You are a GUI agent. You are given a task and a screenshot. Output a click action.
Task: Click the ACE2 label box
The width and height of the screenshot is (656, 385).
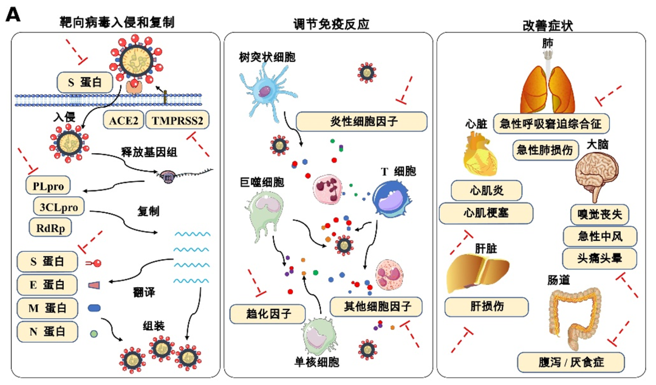click(123, 120)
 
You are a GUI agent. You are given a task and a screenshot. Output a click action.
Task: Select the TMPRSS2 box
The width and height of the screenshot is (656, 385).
click(178, 120)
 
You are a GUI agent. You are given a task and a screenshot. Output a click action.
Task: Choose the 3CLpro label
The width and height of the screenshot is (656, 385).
click(59, 206)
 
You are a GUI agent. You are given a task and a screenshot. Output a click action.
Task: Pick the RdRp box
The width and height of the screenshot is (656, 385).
click(50, 227)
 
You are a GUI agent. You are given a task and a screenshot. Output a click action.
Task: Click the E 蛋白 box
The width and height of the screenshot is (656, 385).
click(49, 284)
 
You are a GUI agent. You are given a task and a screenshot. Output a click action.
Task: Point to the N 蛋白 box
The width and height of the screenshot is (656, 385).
click(49, 331)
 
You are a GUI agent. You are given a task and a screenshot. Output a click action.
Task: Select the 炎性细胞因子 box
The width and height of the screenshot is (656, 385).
click(358, 121)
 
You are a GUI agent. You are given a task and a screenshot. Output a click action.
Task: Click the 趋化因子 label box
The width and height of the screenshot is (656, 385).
click(267, 314)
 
